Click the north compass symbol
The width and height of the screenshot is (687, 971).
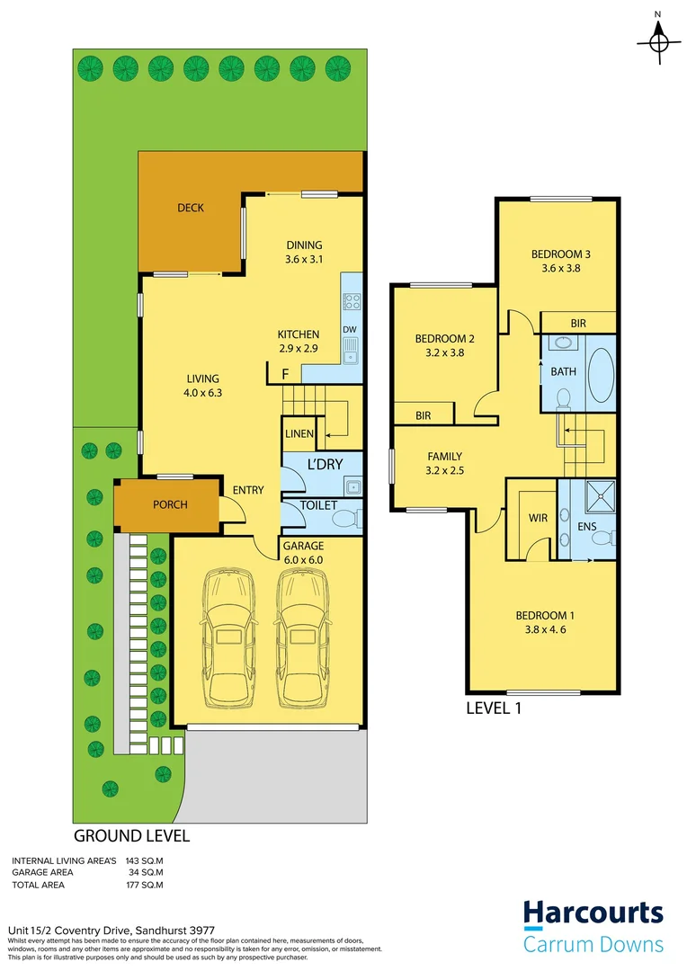[x=658, y=40]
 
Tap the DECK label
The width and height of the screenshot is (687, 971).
[x=191, y=208]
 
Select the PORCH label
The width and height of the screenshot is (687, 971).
[x=170, y=504]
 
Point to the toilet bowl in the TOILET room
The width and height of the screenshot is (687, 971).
[x=347, y=519]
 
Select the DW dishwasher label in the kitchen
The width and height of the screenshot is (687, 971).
[x=349, y=329]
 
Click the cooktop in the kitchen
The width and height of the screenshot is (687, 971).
[x=352, y=302]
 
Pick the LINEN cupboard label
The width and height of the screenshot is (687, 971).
[x=299, y=434]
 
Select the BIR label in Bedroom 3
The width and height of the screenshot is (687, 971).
[x=579, y=323]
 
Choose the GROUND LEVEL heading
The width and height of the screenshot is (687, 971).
[x=131, y=835]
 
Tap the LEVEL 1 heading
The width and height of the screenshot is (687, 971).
[x=494, y=708]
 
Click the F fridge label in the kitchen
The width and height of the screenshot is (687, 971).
[x=285, y=373]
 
